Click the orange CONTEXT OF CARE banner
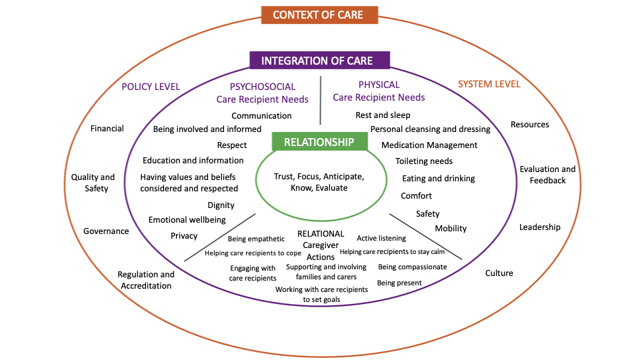click(x=319, y=15)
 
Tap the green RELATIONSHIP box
click(x=319, y=141)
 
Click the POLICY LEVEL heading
click(x=151, y=86)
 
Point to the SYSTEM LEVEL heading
click(x=489, y=84)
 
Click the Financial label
click(x=107, y=128)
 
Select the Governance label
click(x=106, y=231)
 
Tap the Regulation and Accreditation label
click(x=146, y=280)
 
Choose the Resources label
click(x=529, y=125)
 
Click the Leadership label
click(x=540, y=227)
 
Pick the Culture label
click(x=499, y=273)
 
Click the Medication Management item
click(x=429, y=145)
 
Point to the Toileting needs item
click(x=424, y=161)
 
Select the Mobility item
click(x=451, y=229)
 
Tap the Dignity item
click(x=221, y=205)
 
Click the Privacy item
click(x=184, y=235)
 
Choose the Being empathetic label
click(x=256, y=239)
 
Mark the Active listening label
click(x=381, y=238)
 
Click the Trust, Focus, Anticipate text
click(x=319, y=177)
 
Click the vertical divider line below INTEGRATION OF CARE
click(x=321, y=100)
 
